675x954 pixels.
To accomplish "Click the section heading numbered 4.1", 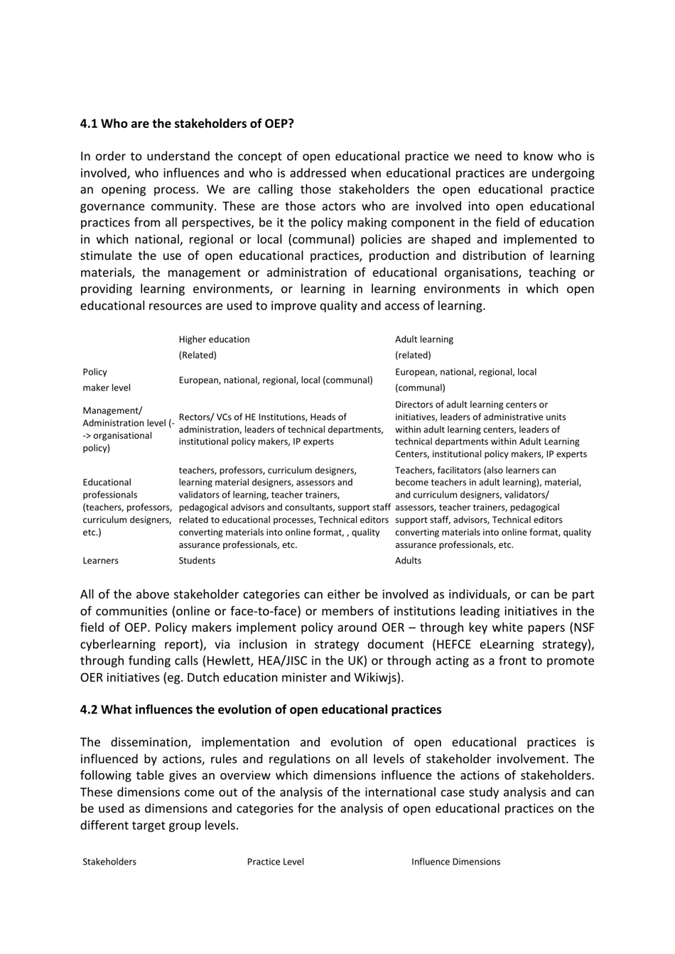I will [x=187, y=124].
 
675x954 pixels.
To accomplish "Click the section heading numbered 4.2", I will [x=260, y=709].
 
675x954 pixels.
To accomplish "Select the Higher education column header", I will [x=214, y=339].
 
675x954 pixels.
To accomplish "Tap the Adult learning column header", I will [x=423, y=339].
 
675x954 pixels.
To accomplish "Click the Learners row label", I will [x=100, y=561].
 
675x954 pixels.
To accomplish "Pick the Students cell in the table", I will [x=197, y=561].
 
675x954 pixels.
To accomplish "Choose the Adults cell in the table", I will [x=408, y=561].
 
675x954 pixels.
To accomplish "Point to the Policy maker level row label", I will [x=107, y=380].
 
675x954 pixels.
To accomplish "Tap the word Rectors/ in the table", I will [x=198, y=417].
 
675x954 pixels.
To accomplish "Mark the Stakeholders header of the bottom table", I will [x=109, y=862].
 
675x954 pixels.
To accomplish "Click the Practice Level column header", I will [x=275, y=862].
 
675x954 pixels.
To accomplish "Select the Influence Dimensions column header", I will [x=455, y=862].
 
